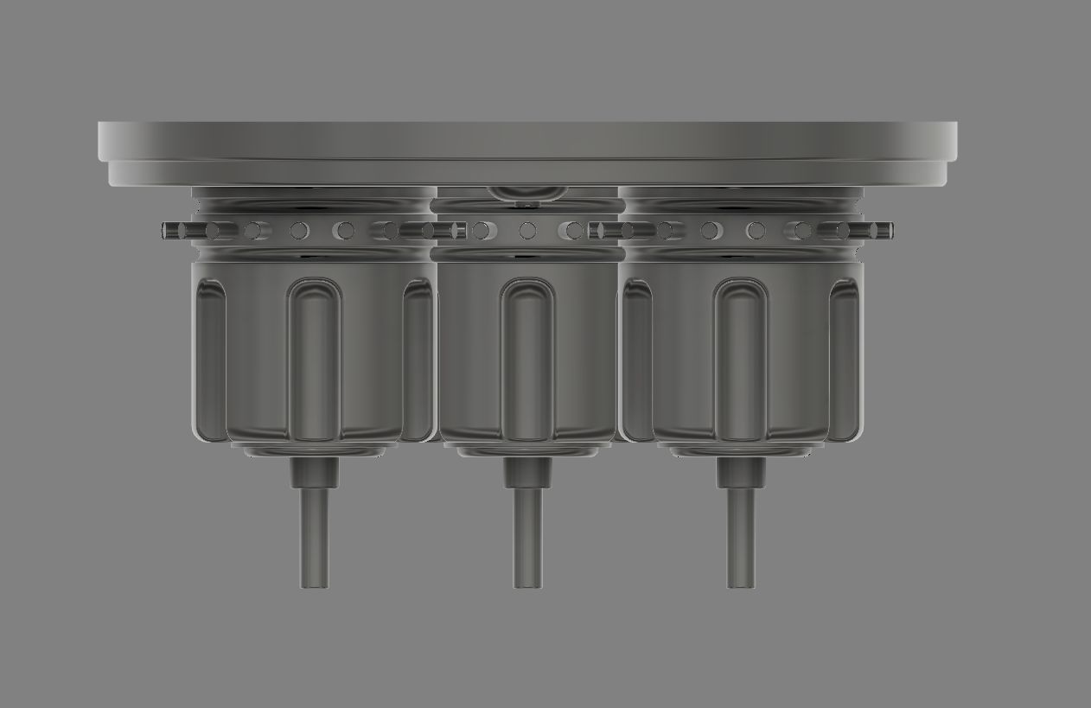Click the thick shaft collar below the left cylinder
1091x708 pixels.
[315, 473]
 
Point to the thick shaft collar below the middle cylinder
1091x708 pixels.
[527, 473]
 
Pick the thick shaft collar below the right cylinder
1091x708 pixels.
[741, 473]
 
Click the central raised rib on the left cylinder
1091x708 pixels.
[314, 359]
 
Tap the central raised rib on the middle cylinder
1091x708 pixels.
[527, 359]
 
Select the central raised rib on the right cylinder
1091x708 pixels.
[741, 359]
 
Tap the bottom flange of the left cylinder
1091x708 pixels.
[315, 450]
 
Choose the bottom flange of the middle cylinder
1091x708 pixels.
[527, 450]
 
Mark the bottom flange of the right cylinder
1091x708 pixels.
[741, 450]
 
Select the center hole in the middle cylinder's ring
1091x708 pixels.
[527, 231]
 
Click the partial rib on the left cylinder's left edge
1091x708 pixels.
[210, 359]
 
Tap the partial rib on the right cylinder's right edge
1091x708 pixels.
[844, 359]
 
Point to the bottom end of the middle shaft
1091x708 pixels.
[527, 584]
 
